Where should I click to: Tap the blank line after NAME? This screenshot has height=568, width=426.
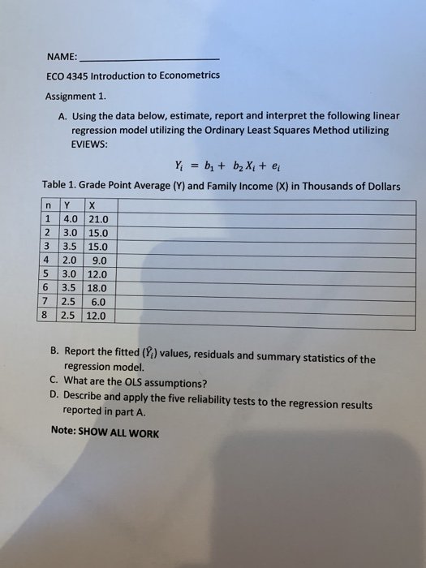point(150,59)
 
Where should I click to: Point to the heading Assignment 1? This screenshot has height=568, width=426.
point(75,95)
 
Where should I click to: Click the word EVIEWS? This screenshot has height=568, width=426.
point(90,144)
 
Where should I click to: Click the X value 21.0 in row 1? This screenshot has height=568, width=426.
point(97,220)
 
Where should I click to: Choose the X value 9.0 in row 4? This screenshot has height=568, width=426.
point(101,260)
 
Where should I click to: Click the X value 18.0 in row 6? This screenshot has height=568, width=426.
point(97,287)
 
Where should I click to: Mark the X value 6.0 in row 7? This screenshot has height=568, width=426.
point(101,301)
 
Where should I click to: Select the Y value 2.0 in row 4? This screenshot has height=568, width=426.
point(71,260)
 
